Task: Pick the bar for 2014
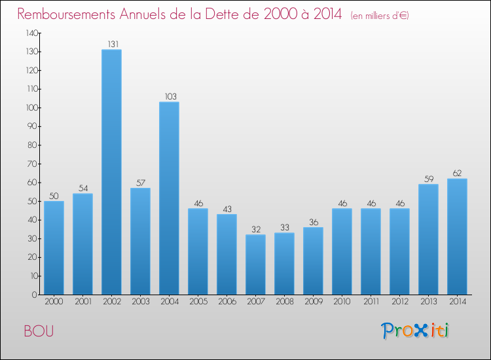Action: (x=457, y=236)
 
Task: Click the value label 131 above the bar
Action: (x=111, y=45)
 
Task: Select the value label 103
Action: (x=169, y=97)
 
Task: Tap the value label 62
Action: (x=457, y=173)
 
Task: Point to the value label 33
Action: (x=284, y=228)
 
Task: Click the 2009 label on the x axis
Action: (x=313, y=302)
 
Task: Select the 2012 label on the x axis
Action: (x=399, y=302)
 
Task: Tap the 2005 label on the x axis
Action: (x=198, y=302)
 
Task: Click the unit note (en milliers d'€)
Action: (x=380, y=15)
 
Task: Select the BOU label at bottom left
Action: (x=39, y=331)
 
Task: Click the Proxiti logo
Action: (x=416, y=331)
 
